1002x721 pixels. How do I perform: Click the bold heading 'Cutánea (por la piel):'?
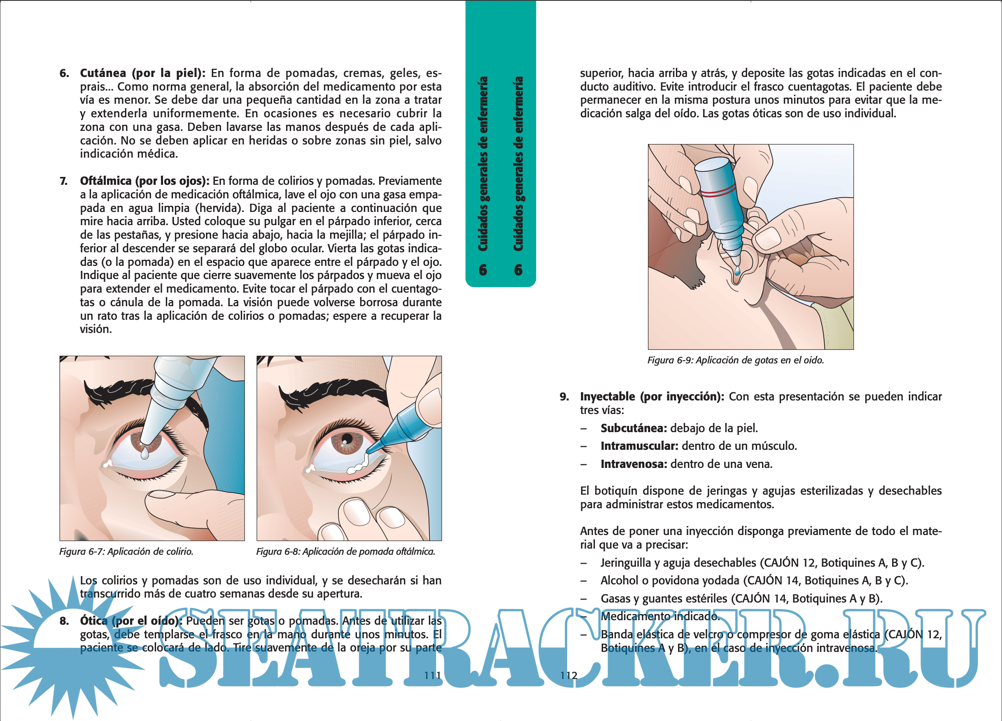pyautogui.click(x=142, y=73)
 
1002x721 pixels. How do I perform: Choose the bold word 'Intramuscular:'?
pyautogui.click(x=639, y=446)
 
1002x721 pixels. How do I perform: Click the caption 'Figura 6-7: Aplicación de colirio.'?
pyautogui.click(x=126, y=551)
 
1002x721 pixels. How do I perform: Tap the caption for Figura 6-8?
pyautogui.click(x=346, y=551)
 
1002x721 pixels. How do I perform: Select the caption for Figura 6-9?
pyautogui.click(x=736, y=360)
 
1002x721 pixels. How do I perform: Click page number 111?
pyautogui.click(x=433, y=675)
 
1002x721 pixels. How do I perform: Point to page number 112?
pyautogui.click(x=569, y=675)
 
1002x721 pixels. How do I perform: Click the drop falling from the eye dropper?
pyautogui.click(x=144, y=454)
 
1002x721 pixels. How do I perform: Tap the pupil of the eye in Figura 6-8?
pyautogui.click(x=347, y=440)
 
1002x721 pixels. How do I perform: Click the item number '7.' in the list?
pyautogui.click(x=64, y=181)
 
